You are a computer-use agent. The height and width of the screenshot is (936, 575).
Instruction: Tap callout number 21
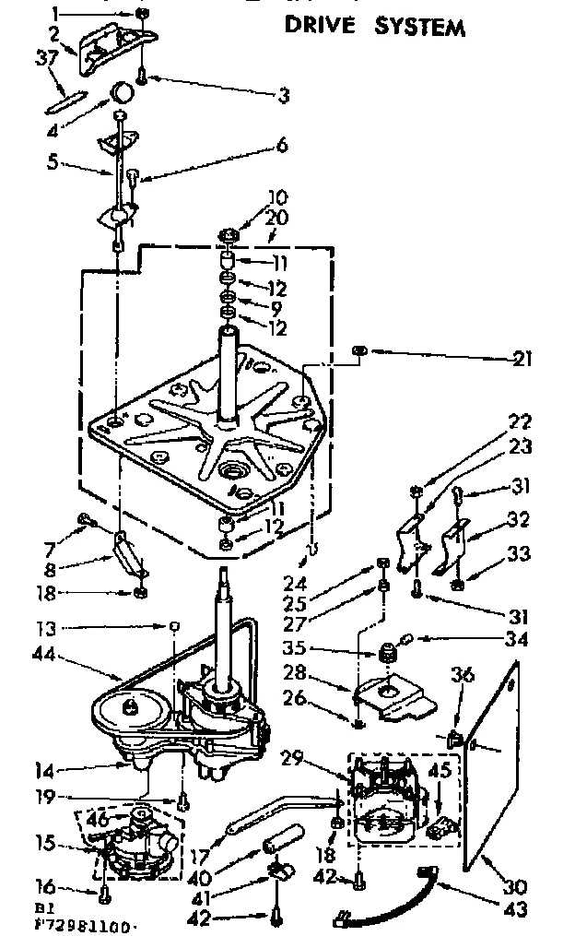coord(522,360)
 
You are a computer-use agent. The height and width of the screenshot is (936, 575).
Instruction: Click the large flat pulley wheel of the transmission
coord(128,710)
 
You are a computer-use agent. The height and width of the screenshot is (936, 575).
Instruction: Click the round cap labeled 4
coord(123,92)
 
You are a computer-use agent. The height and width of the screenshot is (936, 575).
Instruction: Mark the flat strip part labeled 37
coord(65,99)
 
